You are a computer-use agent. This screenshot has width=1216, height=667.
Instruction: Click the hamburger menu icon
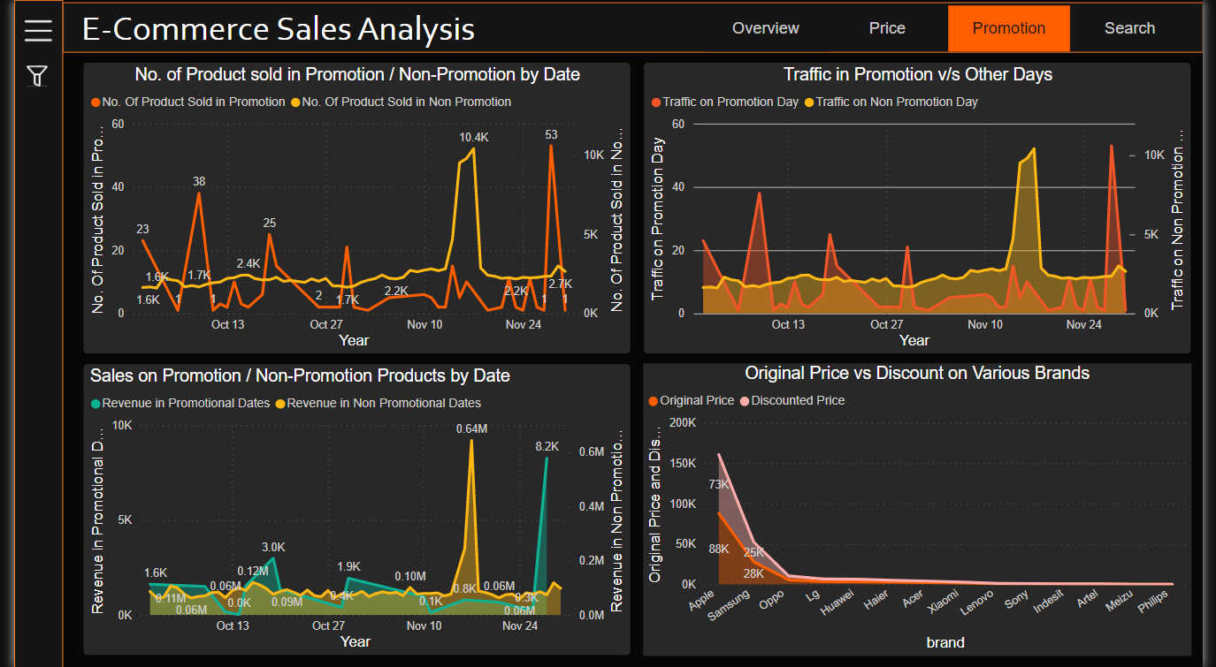pyautogui.click(x=38, y=30)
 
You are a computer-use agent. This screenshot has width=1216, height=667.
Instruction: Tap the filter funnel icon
pyautogui.click(x=37, y=76)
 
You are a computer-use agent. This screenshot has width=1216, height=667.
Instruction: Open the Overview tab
pyautogui.click(x=765, y=28)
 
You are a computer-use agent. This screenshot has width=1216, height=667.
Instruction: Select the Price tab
pyautogui.click(x=887, y=28)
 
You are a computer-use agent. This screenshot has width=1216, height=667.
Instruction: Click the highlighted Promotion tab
pyautogui.click(x=1008, y=28)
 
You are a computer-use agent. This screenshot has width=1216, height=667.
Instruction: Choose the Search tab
pyautogui.click(x=1129, y=28)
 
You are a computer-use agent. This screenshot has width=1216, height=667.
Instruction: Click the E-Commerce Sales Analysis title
pyautogui.click(x=279, y=29)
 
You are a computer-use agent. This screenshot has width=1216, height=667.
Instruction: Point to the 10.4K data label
pyautogui.click(x=474, y=137)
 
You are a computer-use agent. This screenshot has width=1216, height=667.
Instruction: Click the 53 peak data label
pyautogui.click(x=551, y=135)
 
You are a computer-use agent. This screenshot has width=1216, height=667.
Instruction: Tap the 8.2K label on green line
pyautogui.click(x=547, y=446)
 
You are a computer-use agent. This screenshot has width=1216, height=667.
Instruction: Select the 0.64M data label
pyautogui.click(x=471, y=428)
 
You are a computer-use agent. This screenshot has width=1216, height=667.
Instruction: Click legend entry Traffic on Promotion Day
pyautogui.click(x=730, y=102)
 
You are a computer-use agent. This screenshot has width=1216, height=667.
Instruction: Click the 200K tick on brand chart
pyautogui.click(x=682, y=422)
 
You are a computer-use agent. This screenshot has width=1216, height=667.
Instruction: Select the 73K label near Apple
pyautogui.click(x=718, y=484)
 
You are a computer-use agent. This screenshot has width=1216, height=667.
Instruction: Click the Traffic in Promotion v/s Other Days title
pyautogui.click(x=917, y=74)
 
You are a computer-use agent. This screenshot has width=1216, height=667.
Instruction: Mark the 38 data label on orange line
pyautogui.click(x=199, y=182)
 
